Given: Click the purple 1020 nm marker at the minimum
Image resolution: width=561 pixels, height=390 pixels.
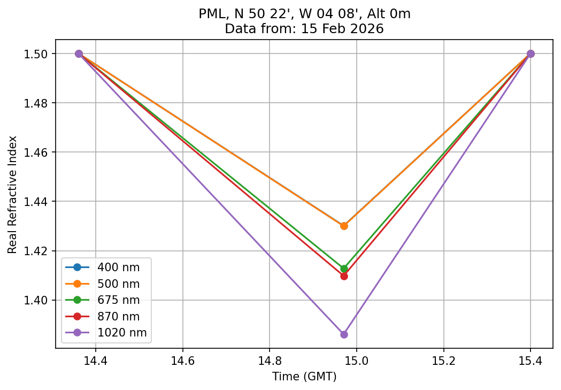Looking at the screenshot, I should click(344, 334).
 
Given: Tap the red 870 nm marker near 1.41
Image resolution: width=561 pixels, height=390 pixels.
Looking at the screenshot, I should click(344, 276).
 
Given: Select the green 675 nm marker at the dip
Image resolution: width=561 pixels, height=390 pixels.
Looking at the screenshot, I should click(344, 269).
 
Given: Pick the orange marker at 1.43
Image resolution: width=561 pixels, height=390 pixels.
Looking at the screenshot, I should click(344, 226).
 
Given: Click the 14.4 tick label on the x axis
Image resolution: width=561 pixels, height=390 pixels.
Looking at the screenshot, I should click(96, 361).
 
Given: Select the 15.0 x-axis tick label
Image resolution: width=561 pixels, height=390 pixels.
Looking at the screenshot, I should click(356, 361).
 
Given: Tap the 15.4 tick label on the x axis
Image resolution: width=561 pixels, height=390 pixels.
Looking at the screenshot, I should click(530, 361).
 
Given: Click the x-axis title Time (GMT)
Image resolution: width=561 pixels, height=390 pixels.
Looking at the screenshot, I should click(304, 377).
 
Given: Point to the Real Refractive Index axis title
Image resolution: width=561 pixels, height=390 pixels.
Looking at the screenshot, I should click(13, 195).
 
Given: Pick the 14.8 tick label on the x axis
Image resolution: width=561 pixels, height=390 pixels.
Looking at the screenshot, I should click(270, 361).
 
